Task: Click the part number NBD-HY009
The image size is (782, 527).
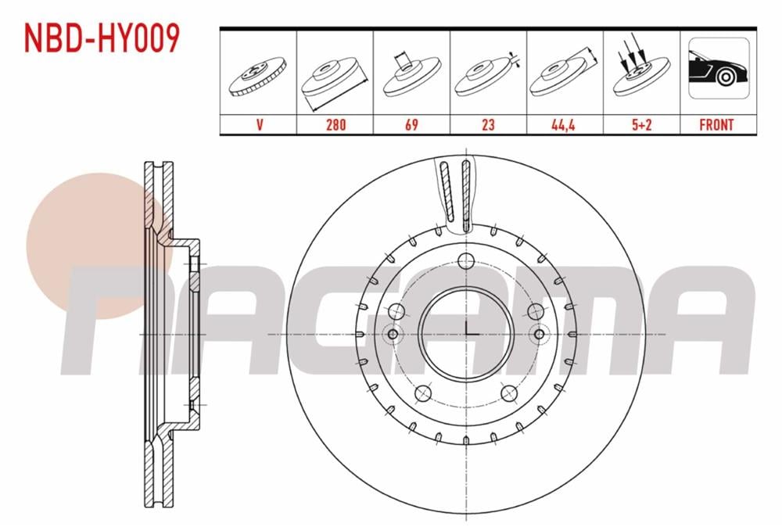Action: click(x=102, y=38)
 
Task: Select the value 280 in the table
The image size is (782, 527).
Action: click(x=335, y=124)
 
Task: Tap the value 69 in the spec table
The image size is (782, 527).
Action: click(x=411, y=124)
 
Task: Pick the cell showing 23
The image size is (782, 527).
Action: click(x=488, y=124)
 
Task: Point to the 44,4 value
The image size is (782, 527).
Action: click(x=564, y=124)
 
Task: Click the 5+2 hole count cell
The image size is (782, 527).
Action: click(x=640, y=124)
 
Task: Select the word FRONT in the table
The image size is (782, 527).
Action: click(x=717, y=124)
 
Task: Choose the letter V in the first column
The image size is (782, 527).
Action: click(x=258, y=124)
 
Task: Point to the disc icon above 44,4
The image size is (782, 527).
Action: click(x=564, y=77)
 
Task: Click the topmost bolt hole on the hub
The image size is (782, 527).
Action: click(x=465, y=261)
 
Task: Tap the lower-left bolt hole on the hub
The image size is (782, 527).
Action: click(x=423, y=393)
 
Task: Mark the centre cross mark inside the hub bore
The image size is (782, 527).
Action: click(x=466, y=332)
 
